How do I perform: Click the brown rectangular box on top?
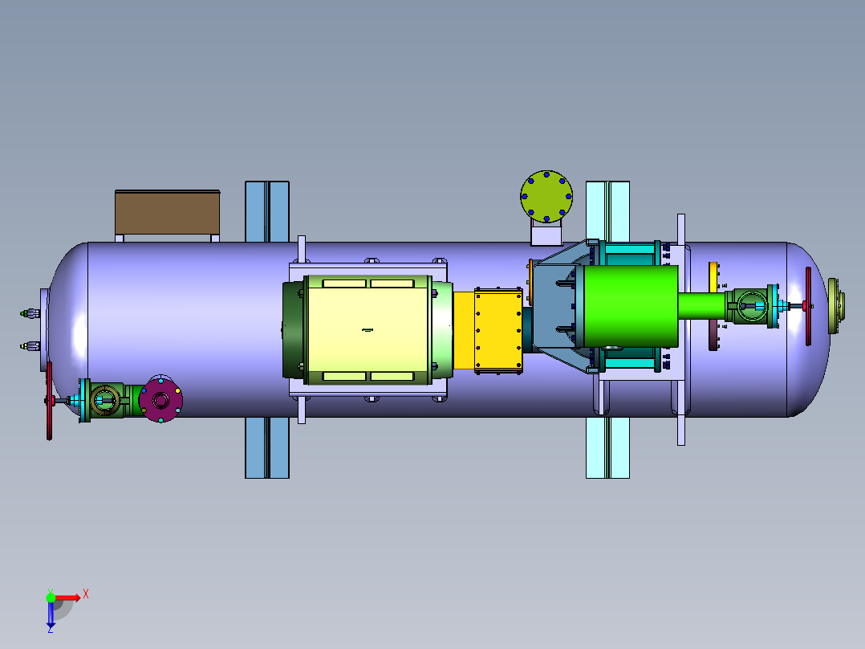coord(167,213)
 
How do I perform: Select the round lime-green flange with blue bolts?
coord(546,196)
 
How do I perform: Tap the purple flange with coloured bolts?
coord(160,399)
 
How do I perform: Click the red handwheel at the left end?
coord(49,401)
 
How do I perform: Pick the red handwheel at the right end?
coord(808,306)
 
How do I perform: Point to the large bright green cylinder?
coord(631,306)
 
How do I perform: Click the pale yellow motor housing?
coord(368,330)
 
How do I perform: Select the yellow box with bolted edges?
coord(498,330)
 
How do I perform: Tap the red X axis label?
coord(86,594)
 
